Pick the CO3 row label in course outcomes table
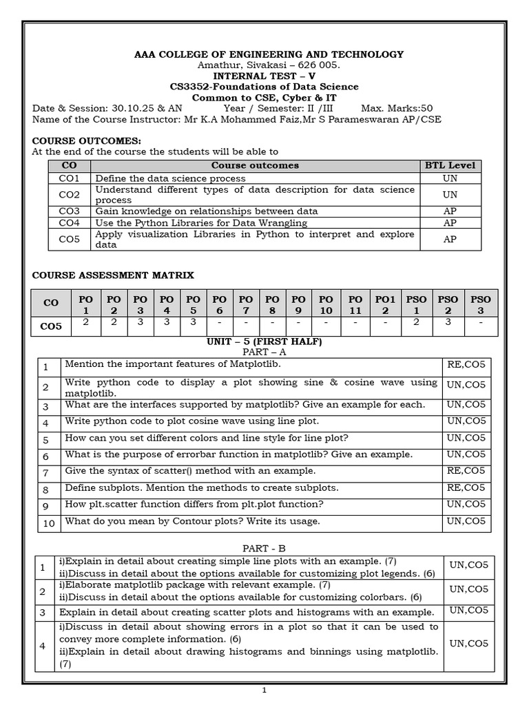coord(69,211)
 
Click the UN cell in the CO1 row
coord(450,178)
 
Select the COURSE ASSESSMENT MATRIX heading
coord(113,275)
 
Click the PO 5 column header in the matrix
coord(194,305)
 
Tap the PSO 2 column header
coord(448,305)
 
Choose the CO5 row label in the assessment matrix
coord(51,326)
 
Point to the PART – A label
coord(264,352)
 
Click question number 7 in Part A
coord(46,473)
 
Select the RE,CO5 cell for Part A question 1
coord(466,364)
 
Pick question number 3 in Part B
coord(43,612)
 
